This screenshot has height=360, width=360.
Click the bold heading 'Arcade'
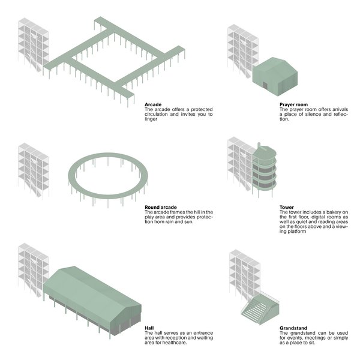click(x=152, y=104)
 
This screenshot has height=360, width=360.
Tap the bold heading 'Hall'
click(x=149, y=328)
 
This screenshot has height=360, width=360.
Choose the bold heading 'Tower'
click(x=286, y=208)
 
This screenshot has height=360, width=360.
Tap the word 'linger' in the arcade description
click(x=151, y=119)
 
